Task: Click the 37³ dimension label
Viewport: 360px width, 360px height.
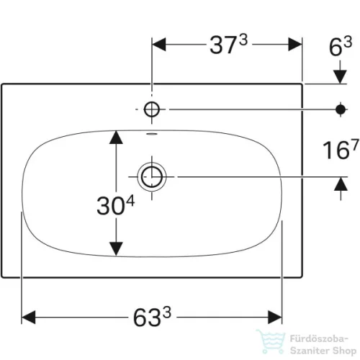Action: pos(228,45)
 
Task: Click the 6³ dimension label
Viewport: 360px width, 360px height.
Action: pos(341,46)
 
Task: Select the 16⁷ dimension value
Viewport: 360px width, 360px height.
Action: pos(341,149)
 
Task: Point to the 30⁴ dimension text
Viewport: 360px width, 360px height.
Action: pos(115,205)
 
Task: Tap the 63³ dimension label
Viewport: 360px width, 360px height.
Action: pos(152,317)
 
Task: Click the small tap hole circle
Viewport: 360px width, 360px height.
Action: pos(152,109)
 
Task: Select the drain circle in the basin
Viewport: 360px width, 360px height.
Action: pos(152,177)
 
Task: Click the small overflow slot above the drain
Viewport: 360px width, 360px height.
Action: pos(152,134)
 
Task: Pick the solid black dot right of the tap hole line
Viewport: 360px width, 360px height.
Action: pos(341,109)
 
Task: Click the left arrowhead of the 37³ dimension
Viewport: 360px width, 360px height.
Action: pos(159,45)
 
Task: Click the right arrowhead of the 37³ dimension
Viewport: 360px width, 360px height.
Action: pos(295,45)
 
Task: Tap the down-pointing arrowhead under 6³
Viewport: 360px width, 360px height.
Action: pos(341,77)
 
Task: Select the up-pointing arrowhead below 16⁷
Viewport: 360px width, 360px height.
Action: pos(341,184)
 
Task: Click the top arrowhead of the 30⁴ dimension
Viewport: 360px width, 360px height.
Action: pos(116,138)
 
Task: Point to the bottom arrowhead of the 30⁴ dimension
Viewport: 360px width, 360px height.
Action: pos(116,249)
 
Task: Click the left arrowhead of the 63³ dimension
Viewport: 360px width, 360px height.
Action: pos(29,317)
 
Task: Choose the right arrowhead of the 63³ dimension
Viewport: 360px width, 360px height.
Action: pos(275,317)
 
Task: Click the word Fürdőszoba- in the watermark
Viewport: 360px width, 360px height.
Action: pos(319,339)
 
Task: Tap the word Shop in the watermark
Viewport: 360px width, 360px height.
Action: pos(344,351)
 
